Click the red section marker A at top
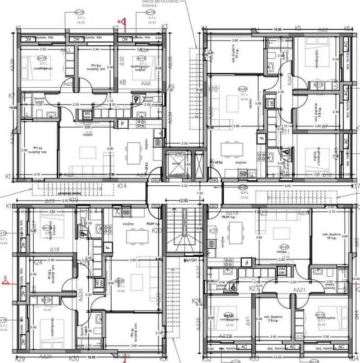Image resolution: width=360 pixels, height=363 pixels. [120, 21]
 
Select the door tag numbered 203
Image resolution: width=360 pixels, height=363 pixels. [156, 180]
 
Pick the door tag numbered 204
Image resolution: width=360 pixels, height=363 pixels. [213, 180]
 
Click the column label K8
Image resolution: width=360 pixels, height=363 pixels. [123, 82]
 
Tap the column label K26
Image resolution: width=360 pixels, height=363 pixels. [196, 300]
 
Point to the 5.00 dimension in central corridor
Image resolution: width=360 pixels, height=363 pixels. [184, 185]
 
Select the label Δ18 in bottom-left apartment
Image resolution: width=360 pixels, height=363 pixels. [54, 249]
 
